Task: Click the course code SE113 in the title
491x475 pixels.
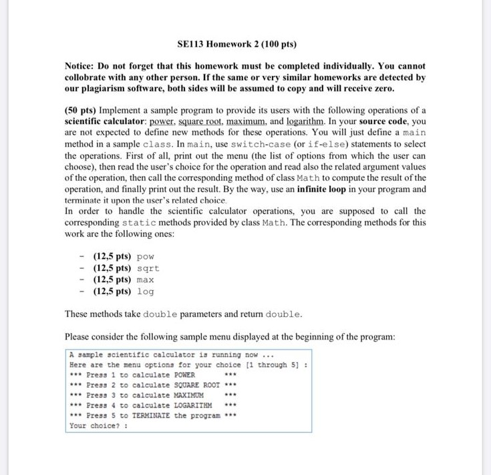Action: click(192, 45)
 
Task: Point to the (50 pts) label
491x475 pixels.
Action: click(83, 110)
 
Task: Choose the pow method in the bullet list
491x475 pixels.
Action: click(144, 257)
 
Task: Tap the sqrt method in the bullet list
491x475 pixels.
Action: click(148, 268)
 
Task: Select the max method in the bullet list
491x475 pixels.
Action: click(145, 280)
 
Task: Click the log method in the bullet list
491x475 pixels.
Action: click(145, 292)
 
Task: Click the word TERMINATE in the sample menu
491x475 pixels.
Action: click(152, 415)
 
